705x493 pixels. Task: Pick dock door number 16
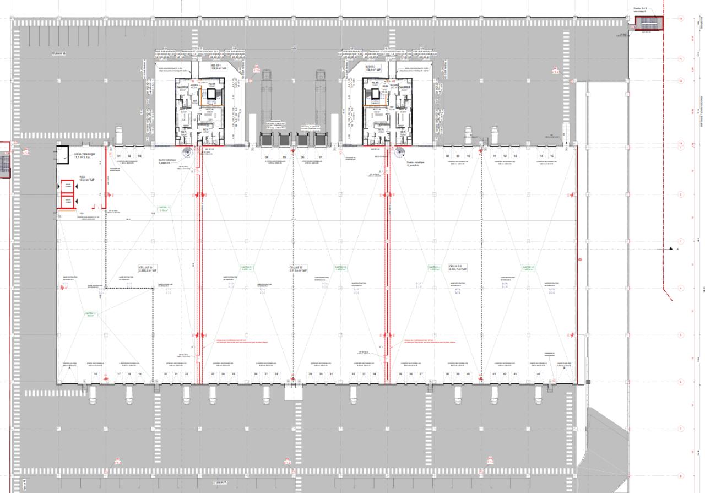pos(96,374)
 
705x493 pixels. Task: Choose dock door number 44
pos(538,374)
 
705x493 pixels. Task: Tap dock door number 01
pos(119,156)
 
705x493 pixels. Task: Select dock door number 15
pos(551,156)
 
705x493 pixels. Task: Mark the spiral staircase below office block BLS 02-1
pos(187,154)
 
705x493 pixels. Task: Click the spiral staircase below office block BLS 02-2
pos(400,154)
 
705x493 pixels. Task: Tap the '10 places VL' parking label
pos(58,53)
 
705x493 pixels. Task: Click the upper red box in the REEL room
pos(68,186)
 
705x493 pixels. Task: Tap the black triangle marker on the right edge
pos(671,248)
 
